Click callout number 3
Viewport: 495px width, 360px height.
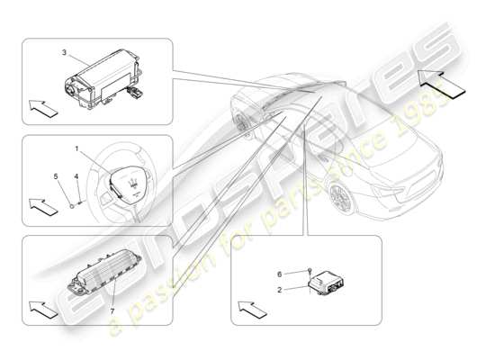point(63,55)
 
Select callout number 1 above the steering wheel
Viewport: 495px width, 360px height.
point(77,148)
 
